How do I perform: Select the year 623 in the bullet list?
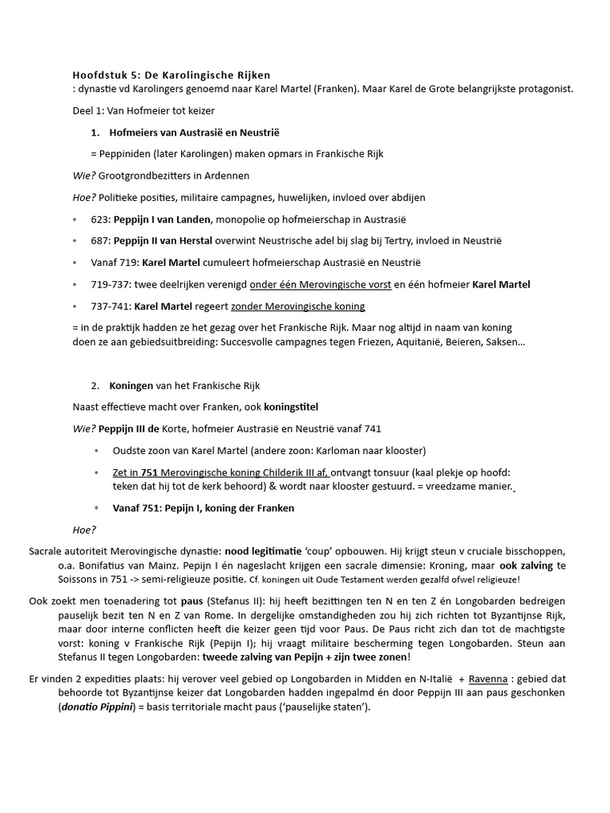click(101, 219)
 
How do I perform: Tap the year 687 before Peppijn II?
click(101, 241)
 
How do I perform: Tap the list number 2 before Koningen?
click(95, 385)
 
